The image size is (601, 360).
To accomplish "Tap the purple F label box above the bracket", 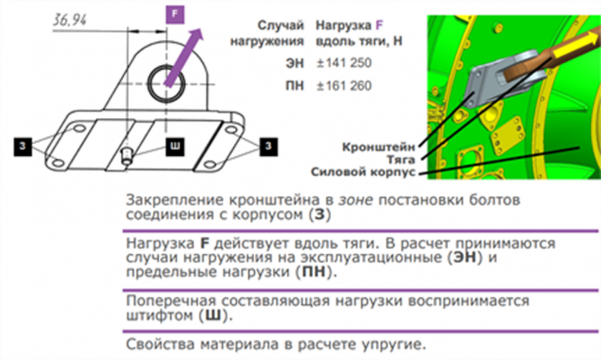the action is pos(173,14).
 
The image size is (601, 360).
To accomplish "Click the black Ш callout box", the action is pos(174,146).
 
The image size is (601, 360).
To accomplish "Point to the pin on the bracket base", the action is pos(127,155).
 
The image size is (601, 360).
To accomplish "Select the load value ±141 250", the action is pos(344,63).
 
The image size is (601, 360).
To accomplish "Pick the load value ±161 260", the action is pos(344,86).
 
